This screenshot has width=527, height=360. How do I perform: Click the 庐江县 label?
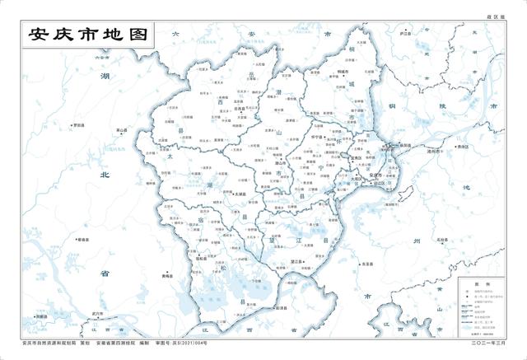(404, 34)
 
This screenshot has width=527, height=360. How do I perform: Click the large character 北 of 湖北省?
(105, 175)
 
